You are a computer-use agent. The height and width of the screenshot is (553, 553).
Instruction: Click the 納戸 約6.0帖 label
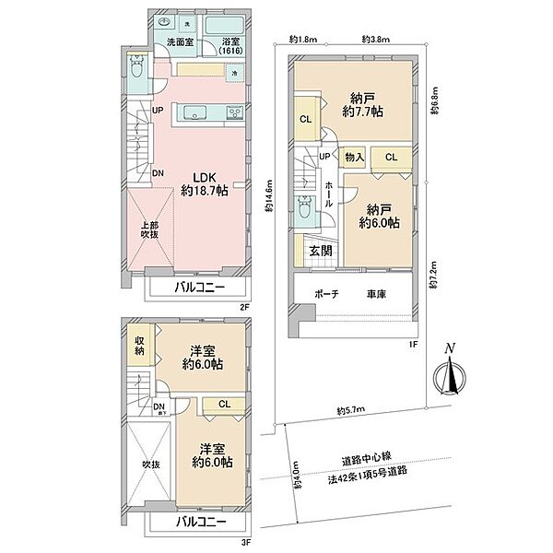[x=380, y=215]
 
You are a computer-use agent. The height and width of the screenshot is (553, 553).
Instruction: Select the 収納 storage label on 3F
[x=137, y=346]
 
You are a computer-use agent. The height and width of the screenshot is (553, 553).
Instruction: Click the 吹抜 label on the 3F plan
[x=149, y=464]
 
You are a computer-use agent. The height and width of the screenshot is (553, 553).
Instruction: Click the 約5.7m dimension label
[x=351, y=411]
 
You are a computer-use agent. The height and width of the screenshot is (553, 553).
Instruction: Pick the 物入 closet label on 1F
[x=355, y=159]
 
